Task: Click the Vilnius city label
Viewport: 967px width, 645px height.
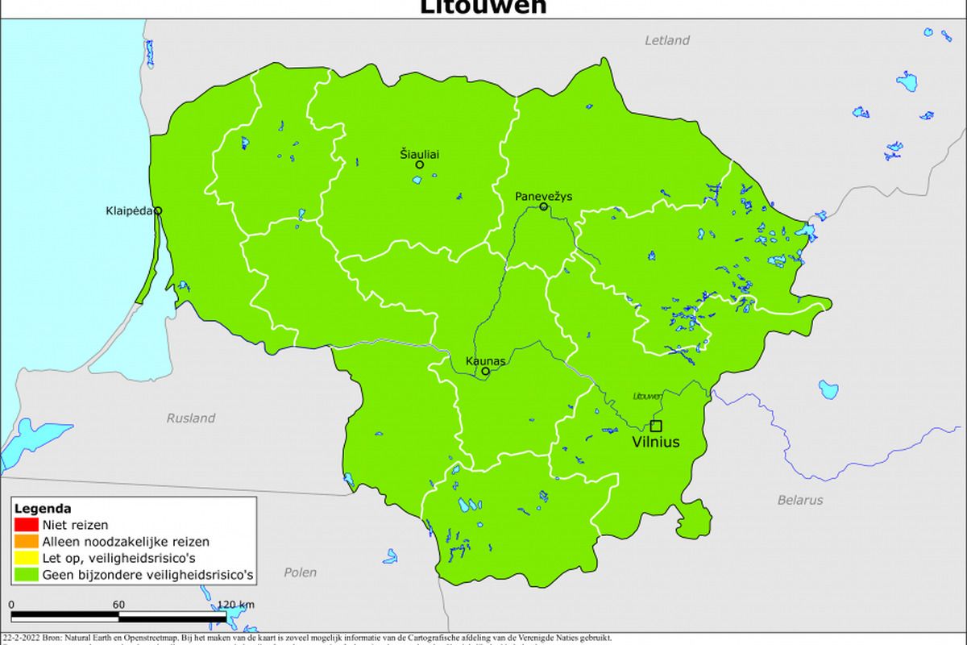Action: click(x=655, y=442)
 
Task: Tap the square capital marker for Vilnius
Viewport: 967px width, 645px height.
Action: click(x=656, y=426)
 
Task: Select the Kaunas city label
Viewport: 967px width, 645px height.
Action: click(x=486, y=361)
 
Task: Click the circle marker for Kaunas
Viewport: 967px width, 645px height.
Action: click(x=485, y=372)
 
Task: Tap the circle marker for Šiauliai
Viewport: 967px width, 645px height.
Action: click(x=419, y=164)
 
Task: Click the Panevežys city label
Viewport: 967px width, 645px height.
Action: click(x=544, y=196)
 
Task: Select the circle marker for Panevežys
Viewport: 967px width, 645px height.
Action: click(x=544, y=206)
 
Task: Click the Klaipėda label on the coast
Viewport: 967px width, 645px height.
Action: click(x=129, y=211)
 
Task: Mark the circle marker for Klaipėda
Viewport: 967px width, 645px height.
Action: click(x=158, y=210)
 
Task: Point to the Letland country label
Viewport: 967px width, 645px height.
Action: click(x=667, y=40)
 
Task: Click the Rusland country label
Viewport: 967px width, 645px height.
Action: click(x=191, y=418)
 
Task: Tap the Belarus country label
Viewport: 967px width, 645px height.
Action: click(x=800, y=500)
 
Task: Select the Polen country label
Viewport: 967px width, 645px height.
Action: click(x=301, y=572)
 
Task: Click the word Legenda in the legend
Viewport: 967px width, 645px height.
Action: click(x=43, y=509)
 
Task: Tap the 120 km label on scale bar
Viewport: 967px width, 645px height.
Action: click(x=236, y=605)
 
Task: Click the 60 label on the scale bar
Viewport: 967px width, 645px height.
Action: click(x=118, y=605)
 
